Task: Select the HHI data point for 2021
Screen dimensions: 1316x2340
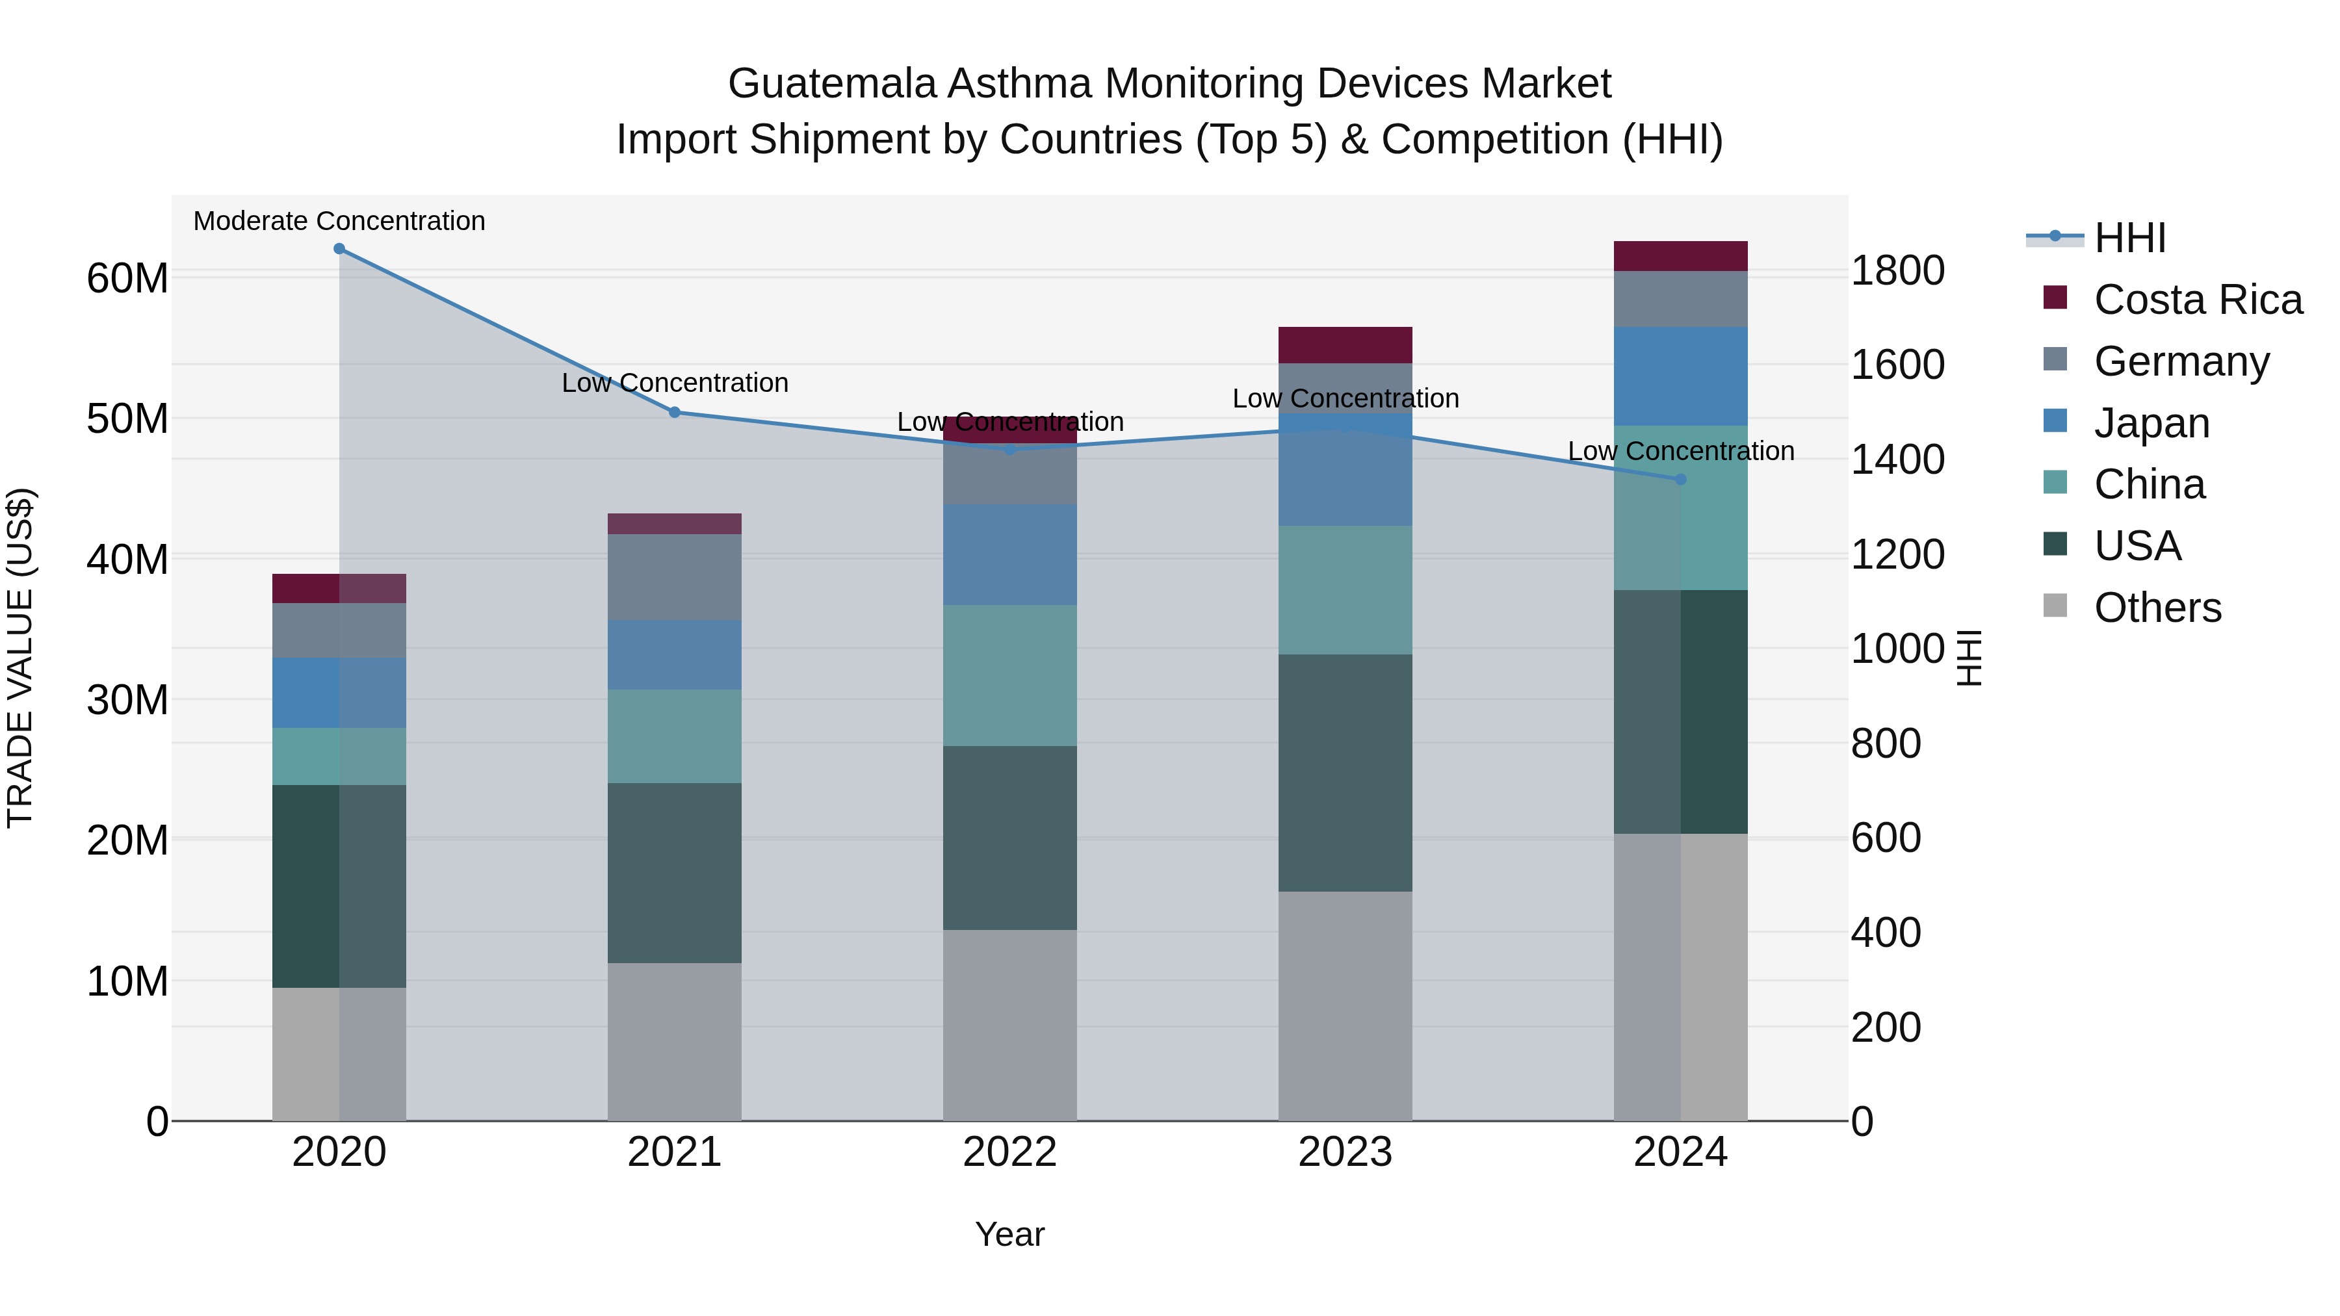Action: [x=675, y=412]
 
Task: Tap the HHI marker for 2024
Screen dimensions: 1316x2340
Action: [x=1680, y=480]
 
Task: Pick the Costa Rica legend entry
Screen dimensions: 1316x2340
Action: [x=2198, y=300]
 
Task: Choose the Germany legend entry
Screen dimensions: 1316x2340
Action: [x=2181, y=361]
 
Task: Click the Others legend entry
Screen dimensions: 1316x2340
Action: [x=2157, y=608]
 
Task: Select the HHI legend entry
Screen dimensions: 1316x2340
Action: [x=2129, y=238]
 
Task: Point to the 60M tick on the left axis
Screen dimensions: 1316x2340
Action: [x=127, y=278]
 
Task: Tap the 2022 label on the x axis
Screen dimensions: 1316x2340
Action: [x=1009, y=1152]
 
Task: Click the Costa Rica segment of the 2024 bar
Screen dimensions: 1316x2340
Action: [x=1680, y=256]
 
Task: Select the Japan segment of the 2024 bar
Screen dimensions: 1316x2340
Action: [x=1680, y=376]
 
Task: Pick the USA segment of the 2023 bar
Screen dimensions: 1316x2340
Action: [x=1345, y=772]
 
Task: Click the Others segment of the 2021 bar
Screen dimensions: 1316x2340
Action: [x=675, y=1042]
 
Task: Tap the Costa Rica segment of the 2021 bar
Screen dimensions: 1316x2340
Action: [x=675, y=524]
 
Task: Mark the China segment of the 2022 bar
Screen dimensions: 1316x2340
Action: [x=1009, y=676]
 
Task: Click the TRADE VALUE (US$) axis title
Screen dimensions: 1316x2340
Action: [x=20, y=658]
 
